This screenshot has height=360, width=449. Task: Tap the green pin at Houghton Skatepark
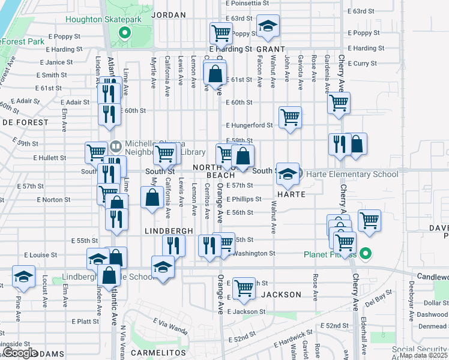[124, 33]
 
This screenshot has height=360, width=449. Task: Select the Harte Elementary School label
[352, 175]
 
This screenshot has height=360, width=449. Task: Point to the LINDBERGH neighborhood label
[169, 231]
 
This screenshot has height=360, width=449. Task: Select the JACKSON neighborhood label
[282, 295]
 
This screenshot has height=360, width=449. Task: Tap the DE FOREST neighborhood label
[25, 122]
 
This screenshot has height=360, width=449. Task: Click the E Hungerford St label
[249, 125]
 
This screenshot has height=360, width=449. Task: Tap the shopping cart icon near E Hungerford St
[290, 117]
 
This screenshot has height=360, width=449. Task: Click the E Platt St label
[85, 322]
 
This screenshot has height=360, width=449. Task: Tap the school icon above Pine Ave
[23, 277]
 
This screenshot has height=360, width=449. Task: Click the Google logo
[20, 353]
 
